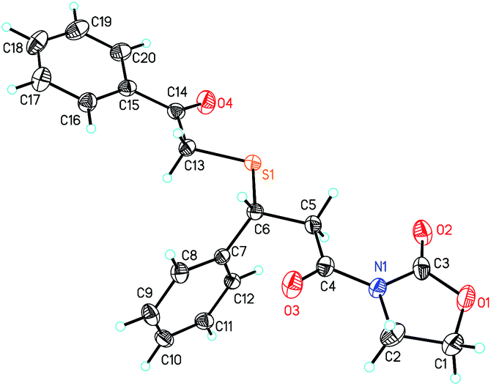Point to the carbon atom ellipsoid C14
[176, 112]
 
